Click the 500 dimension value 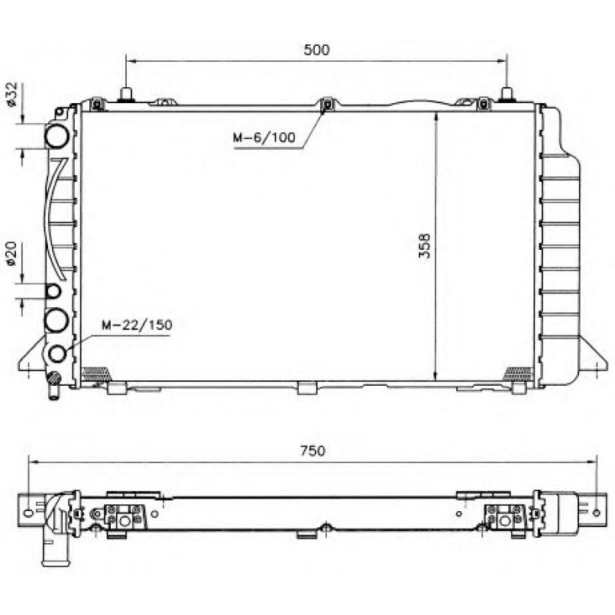(316, 50)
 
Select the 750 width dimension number (312, 451)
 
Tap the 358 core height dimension (425, 246)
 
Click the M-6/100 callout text (264, 138)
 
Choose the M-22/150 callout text (137, 325)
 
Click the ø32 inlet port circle (57, 136)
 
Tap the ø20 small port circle (53, 291)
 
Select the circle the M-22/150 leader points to (57, 354)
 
